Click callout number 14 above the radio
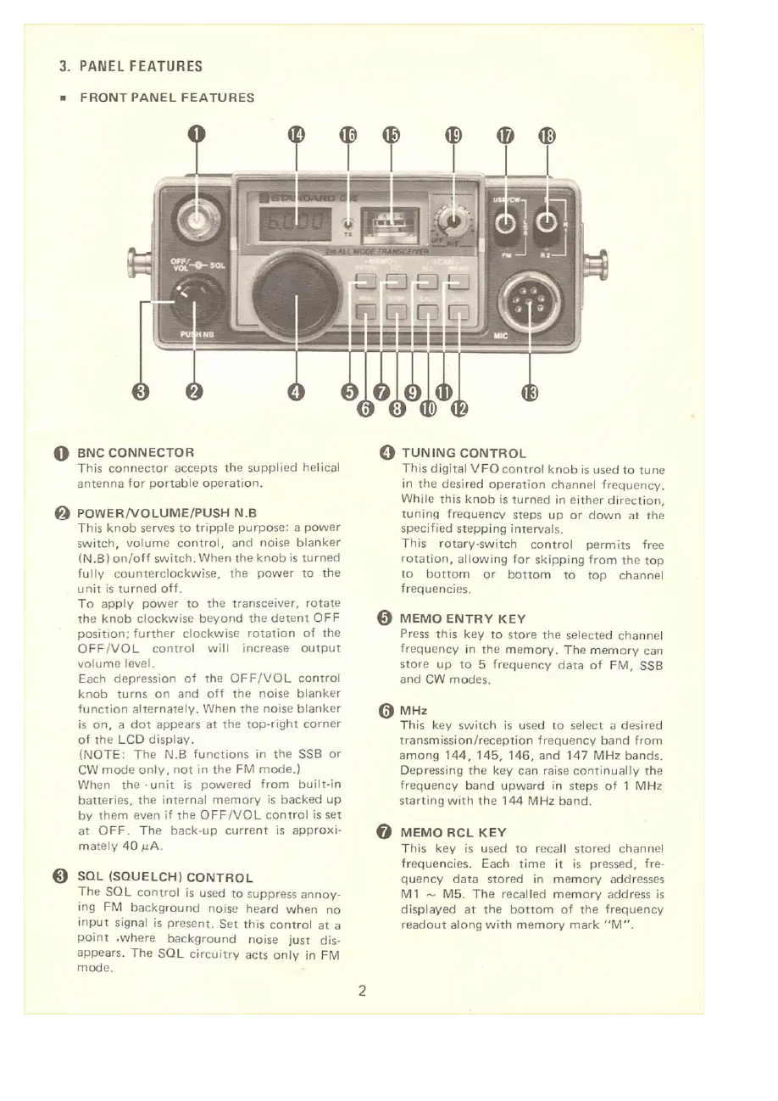pos(296,136)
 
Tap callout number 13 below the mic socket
pos(531,392)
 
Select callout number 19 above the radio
pos(454,136)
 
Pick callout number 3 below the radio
pos(142,392)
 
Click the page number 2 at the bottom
pos(362,990)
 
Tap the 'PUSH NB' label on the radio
pos(197,334)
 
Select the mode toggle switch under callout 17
pos(506,224)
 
